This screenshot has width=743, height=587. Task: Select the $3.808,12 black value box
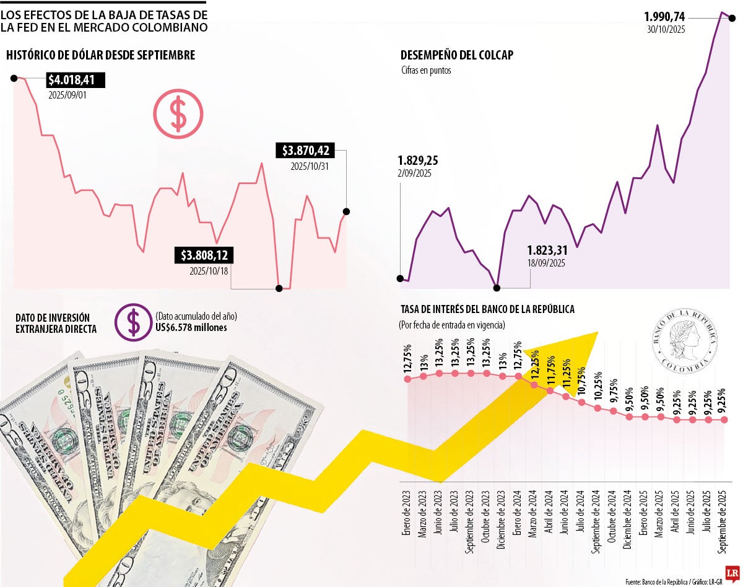(204, 255)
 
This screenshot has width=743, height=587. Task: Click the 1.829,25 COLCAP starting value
(417, 160)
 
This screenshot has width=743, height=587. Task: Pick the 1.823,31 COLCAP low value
(546, 250)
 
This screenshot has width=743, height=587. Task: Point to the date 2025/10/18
(209, 270)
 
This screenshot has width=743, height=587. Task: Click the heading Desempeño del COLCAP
(457, 55)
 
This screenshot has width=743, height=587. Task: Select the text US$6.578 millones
(191, 327)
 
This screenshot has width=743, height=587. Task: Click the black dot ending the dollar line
(346, 211)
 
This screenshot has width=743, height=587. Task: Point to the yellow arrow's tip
(596, 333)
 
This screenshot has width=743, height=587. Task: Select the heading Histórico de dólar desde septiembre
(101, 55)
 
